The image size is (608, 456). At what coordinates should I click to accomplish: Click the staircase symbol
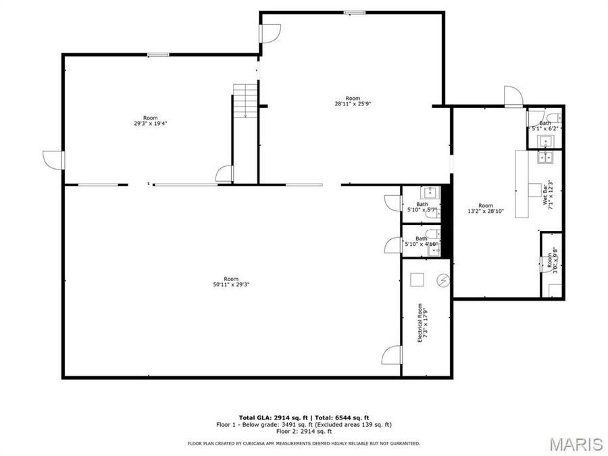click(245, 101)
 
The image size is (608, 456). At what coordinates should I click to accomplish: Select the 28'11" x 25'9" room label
click(353, 101)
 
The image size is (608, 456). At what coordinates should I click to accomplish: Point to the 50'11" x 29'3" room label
click(231, 282)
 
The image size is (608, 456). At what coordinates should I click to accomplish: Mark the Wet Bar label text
click(548, 195)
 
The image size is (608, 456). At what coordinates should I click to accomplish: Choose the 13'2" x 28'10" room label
click(485, 209)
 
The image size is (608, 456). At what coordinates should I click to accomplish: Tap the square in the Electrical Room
click(417, 279)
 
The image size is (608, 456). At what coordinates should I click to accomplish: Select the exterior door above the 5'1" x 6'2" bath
click(513, 97)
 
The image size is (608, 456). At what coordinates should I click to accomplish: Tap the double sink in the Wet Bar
click(544, 157)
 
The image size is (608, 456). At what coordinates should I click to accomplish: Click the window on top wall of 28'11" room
click(353, 12)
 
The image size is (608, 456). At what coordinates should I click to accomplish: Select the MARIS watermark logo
click(576, 444)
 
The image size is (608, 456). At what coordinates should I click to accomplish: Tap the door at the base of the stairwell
click(224, 174)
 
